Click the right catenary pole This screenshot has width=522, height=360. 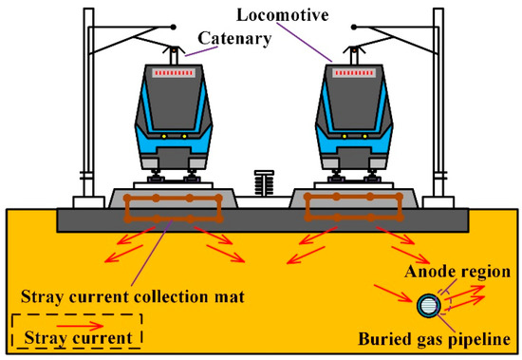pyautogui.click(x=442, y=104)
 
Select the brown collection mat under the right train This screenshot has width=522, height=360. pyautogui.click(x=350, y=208)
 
